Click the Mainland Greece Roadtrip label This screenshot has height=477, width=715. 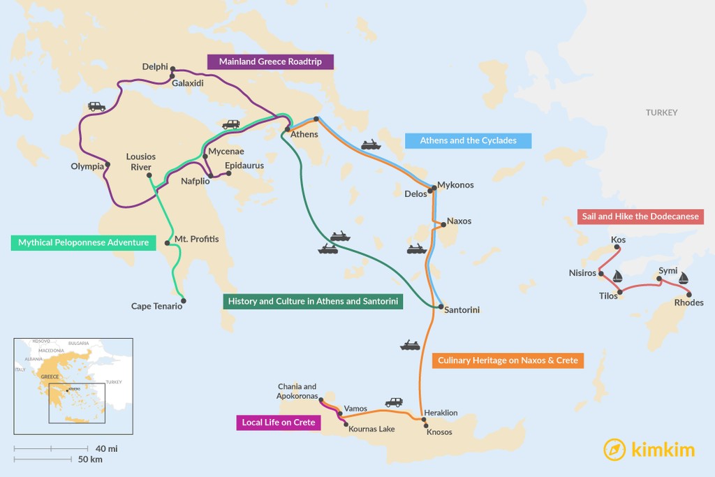[270, 61]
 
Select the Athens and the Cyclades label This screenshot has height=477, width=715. [468, 140]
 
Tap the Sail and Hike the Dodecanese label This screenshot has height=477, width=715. [640, 217]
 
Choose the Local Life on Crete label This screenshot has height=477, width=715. [278, 422]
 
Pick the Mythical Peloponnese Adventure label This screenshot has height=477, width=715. [83, 242]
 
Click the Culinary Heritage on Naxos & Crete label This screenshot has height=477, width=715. [507, 360]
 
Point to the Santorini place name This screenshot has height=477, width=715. [462, 309]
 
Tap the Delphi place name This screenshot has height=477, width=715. [155, 67]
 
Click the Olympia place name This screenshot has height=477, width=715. [87, 166]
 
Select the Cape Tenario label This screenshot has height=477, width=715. [156, 306]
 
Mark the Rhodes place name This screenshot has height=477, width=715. [688, 302]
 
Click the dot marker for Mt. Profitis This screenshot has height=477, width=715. [167, 243]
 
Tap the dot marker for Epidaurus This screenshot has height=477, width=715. [228, 174]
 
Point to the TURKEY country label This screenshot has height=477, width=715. [661, 112]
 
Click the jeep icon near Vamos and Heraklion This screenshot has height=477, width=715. [394, 402]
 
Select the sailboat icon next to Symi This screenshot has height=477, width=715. [684, 277]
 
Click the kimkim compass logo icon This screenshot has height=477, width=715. [614, 449]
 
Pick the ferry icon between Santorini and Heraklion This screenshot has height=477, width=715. [410, 345]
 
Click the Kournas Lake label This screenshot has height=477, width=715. [371, 429]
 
